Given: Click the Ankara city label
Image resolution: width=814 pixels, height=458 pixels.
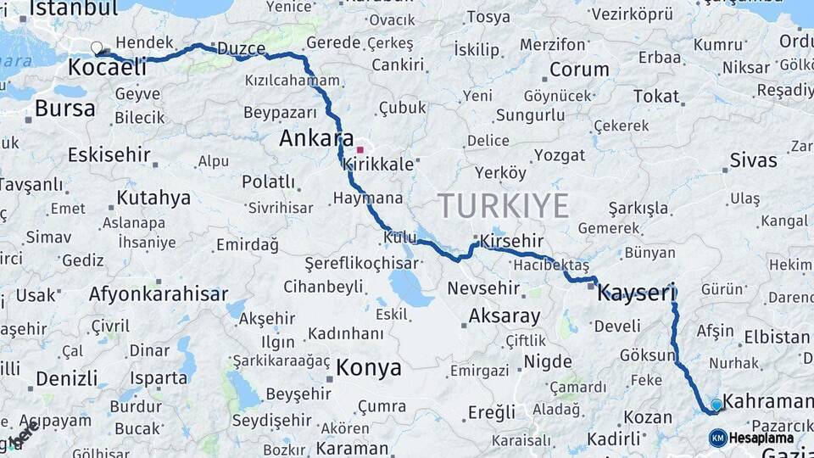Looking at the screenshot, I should click(316, 138).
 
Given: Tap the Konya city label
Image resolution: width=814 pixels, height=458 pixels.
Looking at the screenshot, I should click(368, 368).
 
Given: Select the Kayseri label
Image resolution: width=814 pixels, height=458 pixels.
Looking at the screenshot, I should click(636, 293).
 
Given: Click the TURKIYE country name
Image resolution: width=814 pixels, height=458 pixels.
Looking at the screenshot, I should click(503, 206).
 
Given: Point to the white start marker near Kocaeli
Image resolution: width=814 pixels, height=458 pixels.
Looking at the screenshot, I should click(98, 48).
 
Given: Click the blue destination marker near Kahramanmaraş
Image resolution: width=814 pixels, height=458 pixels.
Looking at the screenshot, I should click(716, 405).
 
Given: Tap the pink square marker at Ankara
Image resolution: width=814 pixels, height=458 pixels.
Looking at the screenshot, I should click(360, 149).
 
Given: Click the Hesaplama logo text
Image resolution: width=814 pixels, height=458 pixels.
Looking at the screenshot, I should click(761, 438).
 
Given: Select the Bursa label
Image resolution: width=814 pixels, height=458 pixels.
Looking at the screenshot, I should click(64, 108).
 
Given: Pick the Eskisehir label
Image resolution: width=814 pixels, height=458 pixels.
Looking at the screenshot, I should click(109, 155).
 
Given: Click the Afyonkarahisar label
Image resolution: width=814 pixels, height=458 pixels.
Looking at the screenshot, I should click(158, 294).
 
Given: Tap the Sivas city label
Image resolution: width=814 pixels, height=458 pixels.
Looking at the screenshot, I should click(753, 160).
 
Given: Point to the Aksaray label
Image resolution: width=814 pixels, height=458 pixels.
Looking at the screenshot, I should click(504, 316).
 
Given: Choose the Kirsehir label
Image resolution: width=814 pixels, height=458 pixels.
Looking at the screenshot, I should click(511, 241).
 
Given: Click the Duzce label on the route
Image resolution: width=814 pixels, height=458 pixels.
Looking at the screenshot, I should click(241, 48).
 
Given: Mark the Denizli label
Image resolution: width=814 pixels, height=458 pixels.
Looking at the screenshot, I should click(66, 378).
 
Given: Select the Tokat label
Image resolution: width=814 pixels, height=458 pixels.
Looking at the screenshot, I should click(655, 96).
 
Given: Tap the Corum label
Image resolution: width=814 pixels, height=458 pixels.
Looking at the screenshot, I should click(579, 70).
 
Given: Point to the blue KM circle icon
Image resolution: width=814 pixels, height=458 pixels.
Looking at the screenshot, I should click(717, 438).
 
